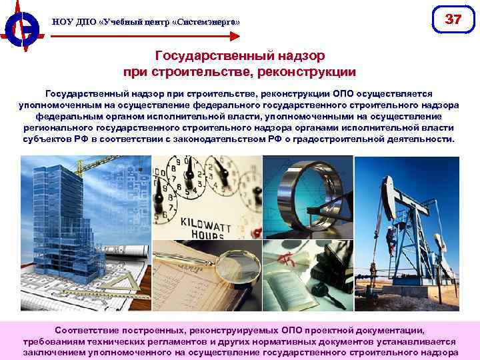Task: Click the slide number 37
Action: (x=453, y=20)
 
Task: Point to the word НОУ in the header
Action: (x=61, y=23)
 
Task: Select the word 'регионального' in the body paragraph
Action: (x=59, y=128)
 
